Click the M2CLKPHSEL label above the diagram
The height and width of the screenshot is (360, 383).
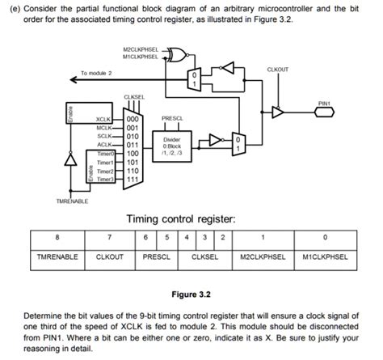tap(141, 49)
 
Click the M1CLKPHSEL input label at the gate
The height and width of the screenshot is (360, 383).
tap(141, 57)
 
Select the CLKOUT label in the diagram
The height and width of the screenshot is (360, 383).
tap(279, 70)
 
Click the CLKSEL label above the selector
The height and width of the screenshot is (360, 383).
tap(134, 97)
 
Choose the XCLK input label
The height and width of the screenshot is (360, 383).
tap(103, 119)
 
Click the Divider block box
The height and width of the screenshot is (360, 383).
tap(172, 145)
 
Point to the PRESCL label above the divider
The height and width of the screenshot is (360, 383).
tap(172, 118)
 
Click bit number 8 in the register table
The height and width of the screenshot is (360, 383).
tap(57, 237)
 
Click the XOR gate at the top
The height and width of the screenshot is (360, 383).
tap(183, 53)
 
